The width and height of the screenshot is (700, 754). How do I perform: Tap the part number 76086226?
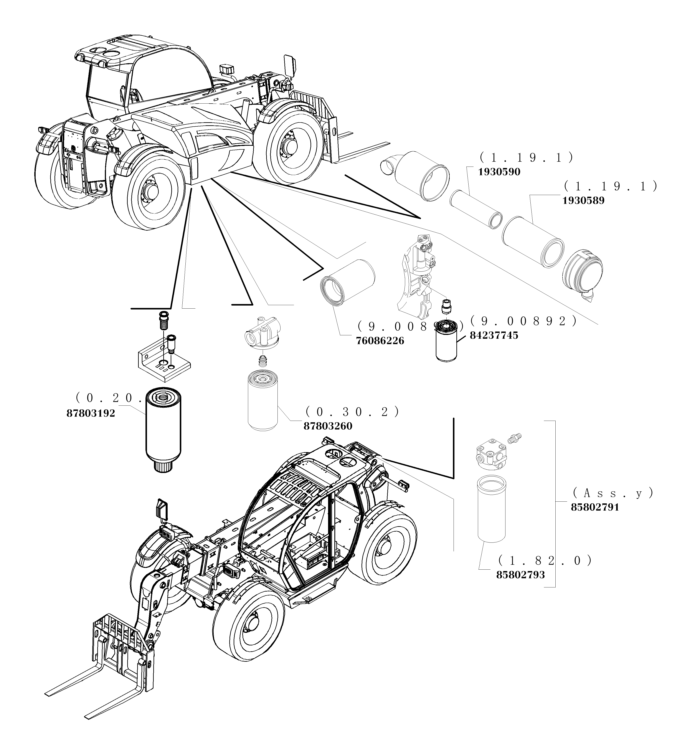click(x=380, y=341)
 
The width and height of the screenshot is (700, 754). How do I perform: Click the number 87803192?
click(x=91, y=413)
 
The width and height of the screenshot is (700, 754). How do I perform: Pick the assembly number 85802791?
click(x=595, y=507)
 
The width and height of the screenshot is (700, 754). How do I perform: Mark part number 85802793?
click(x=520, y=575)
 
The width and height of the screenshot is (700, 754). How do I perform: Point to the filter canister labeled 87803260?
click(x=262, y=402)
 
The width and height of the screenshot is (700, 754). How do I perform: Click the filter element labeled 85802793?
click(x=491, y=510)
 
